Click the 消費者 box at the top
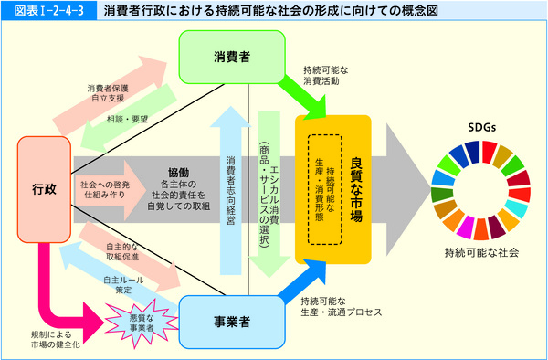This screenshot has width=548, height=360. pyautogui.click(x=233, y=57)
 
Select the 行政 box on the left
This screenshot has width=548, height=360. pyautogui.click(x=43, y=189)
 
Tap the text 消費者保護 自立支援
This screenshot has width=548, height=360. pyautogui.click(x=108, y=93)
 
